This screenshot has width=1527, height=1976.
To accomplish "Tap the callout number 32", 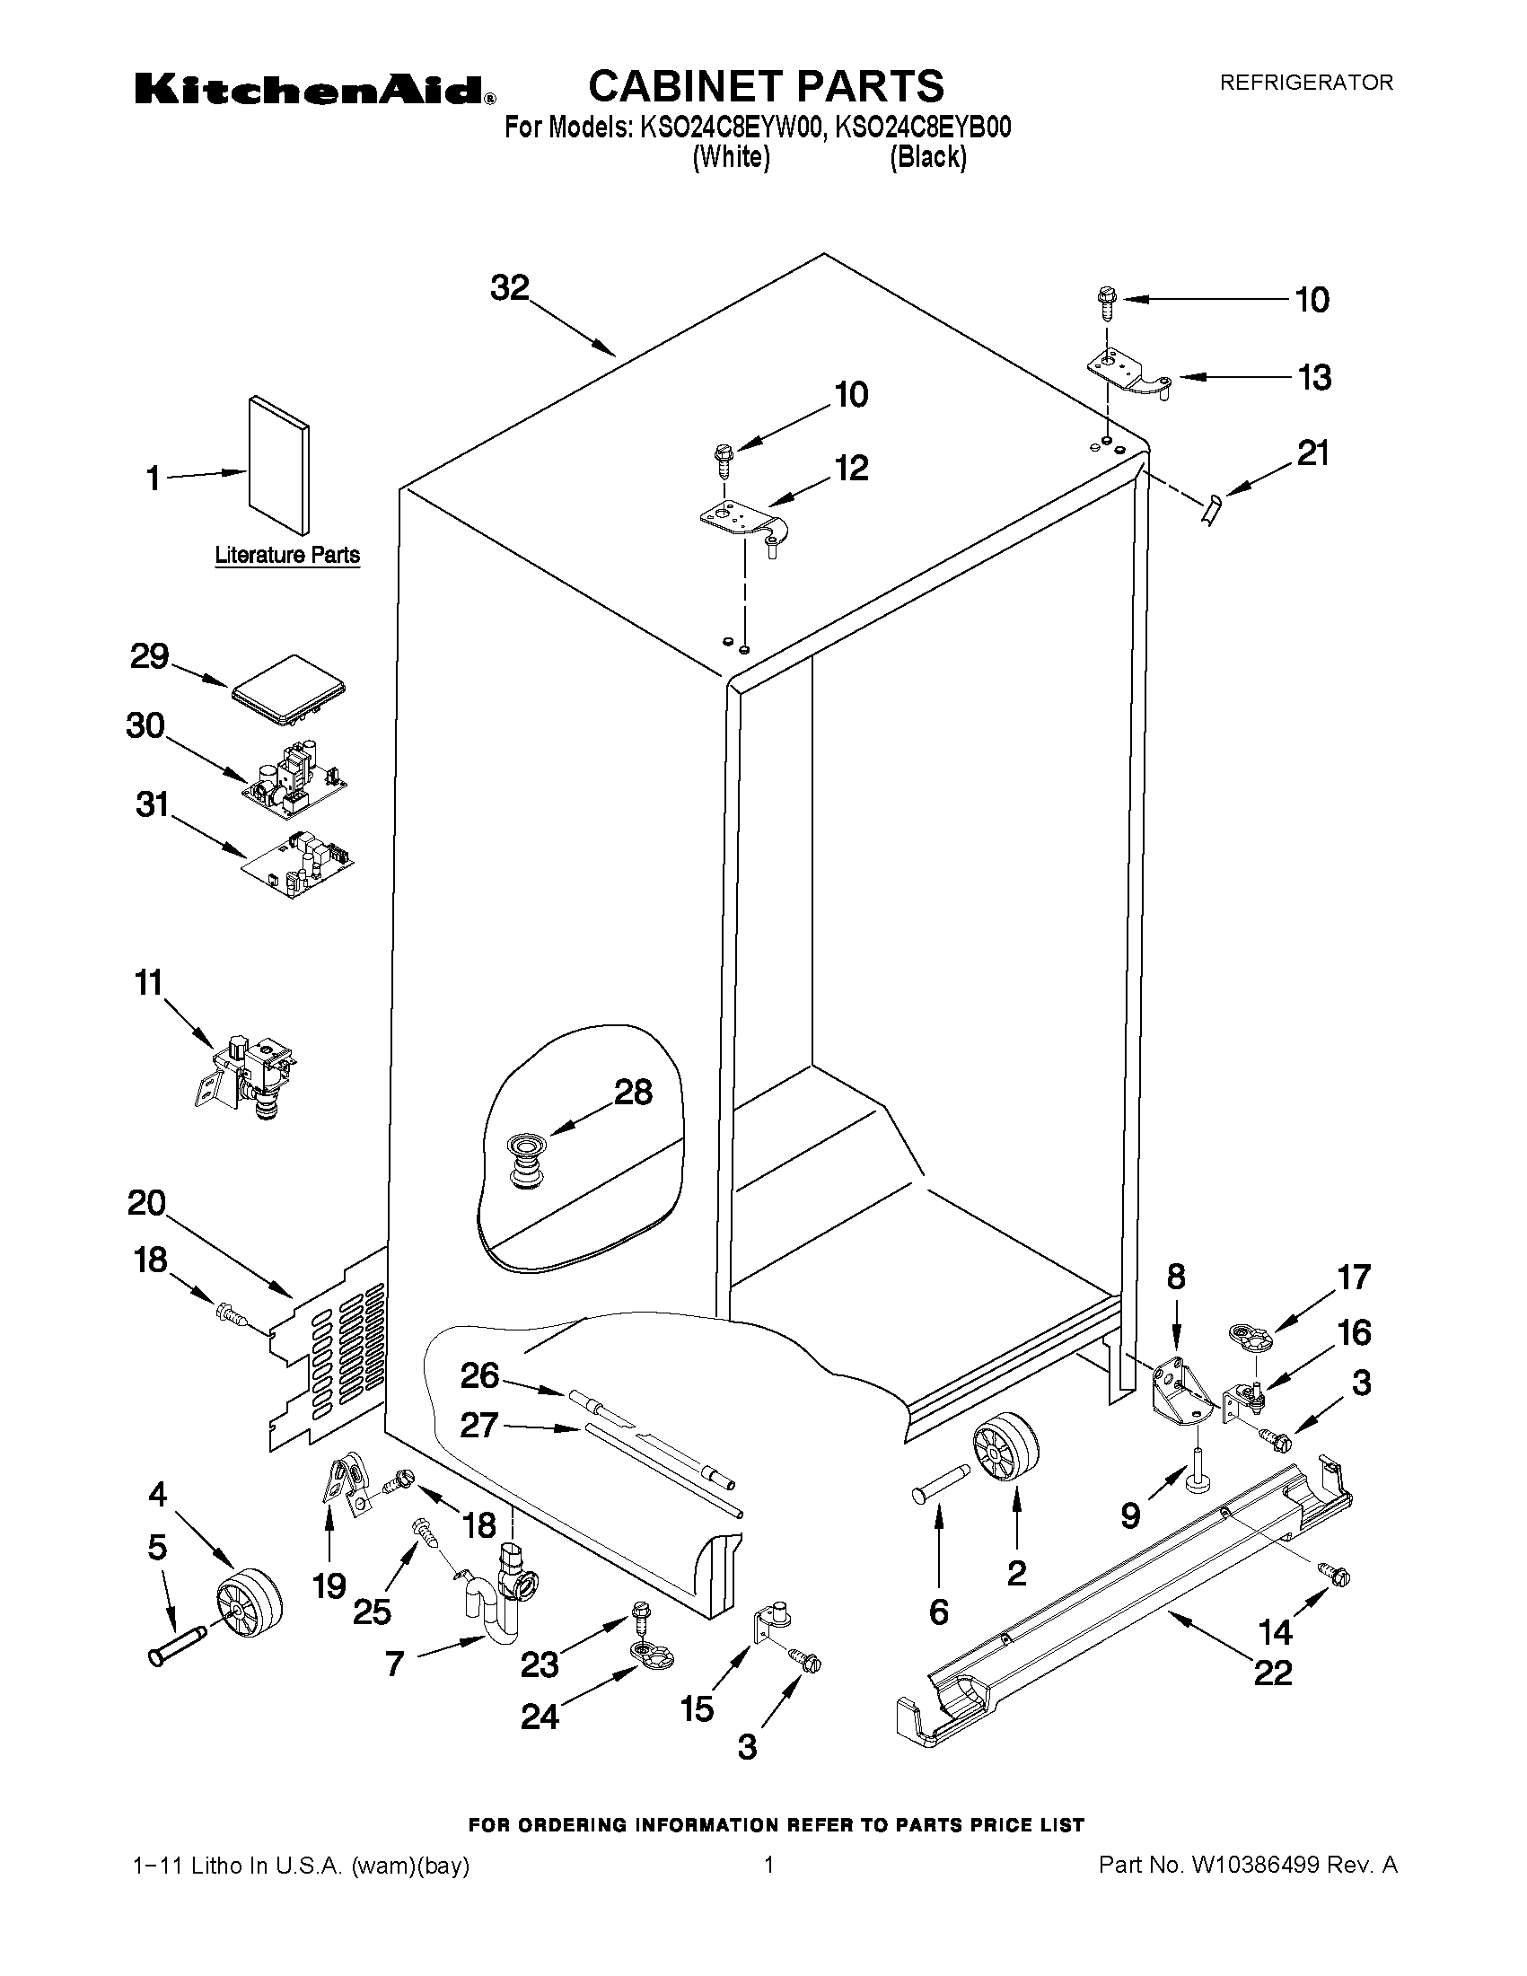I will [x=509, y=287].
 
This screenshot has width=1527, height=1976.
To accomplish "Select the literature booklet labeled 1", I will [x=278, y=465].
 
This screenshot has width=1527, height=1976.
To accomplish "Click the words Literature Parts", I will [x=286, y=555].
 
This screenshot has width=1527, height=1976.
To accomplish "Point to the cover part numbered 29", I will [x=289, y=691].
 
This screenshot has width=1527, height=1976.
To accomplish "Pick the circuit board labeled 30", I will [x=294, y=774].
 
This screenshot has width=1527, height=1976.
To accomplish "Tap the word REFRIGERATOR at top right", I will [x=1306, y=83].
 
